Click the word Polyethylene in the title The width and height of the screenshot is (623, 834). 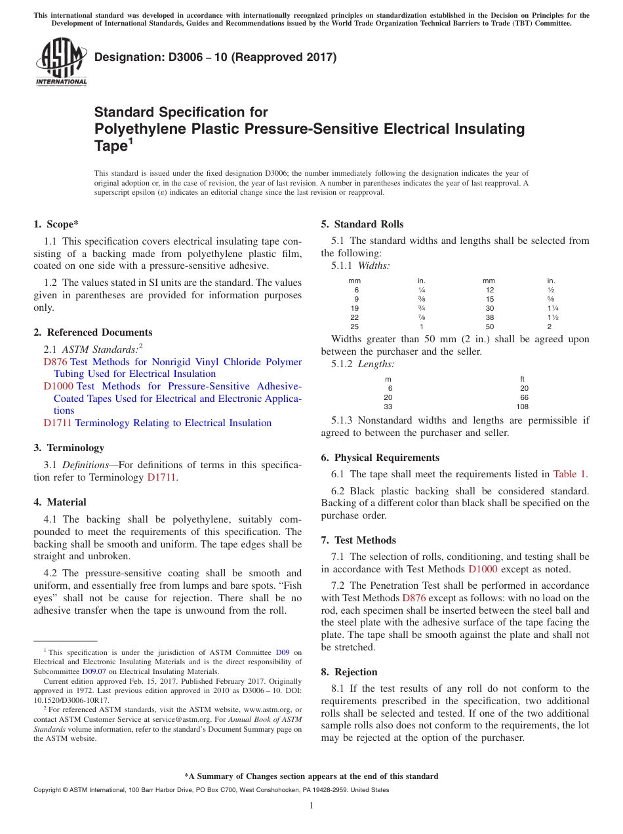140,129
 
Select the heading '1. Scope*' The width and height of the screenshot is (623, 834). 56,224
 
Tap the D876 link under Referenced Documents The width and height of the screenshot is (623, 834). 55,362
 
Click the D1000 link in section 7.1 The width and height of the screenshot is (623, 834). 482,569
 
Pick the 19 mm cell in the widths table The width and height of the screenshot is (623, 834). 355,308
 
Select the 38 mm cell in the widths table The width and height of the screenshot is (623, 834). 489,317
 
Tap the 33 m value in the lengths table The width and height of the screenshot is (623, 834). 388,407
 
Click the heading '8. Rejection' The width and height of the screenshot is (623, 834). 349,672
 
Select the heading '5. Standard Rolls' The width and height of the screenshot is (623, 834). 362,224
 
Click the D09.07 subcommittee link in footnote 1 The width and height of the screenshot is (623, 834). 94,671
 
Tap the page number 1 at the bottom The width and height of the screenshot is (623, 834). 311,806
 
